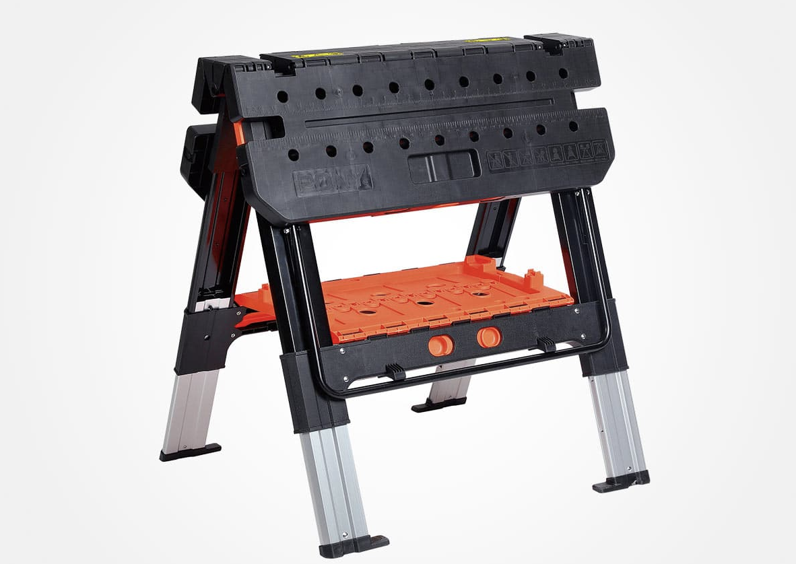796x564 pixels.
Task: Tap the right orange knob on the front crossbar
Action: [490, 336]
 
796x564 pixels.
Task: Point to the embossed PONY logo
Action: [332, 180]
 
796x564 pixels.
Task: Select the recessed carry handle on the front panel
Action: [444, 165]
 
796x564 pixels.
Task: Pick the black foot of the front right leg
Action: [621, 481]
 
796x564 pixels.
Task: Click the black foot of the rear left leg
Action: [190, 452]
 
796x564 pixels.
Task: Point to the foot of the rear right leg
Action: [439, 404]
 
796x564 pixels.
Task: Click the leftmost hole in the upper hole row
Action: [282, 96]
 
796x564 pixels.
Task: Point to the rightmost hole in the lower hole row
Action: [573, 126]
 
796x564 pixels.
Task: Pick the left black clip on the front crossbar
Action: [395, 371]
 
